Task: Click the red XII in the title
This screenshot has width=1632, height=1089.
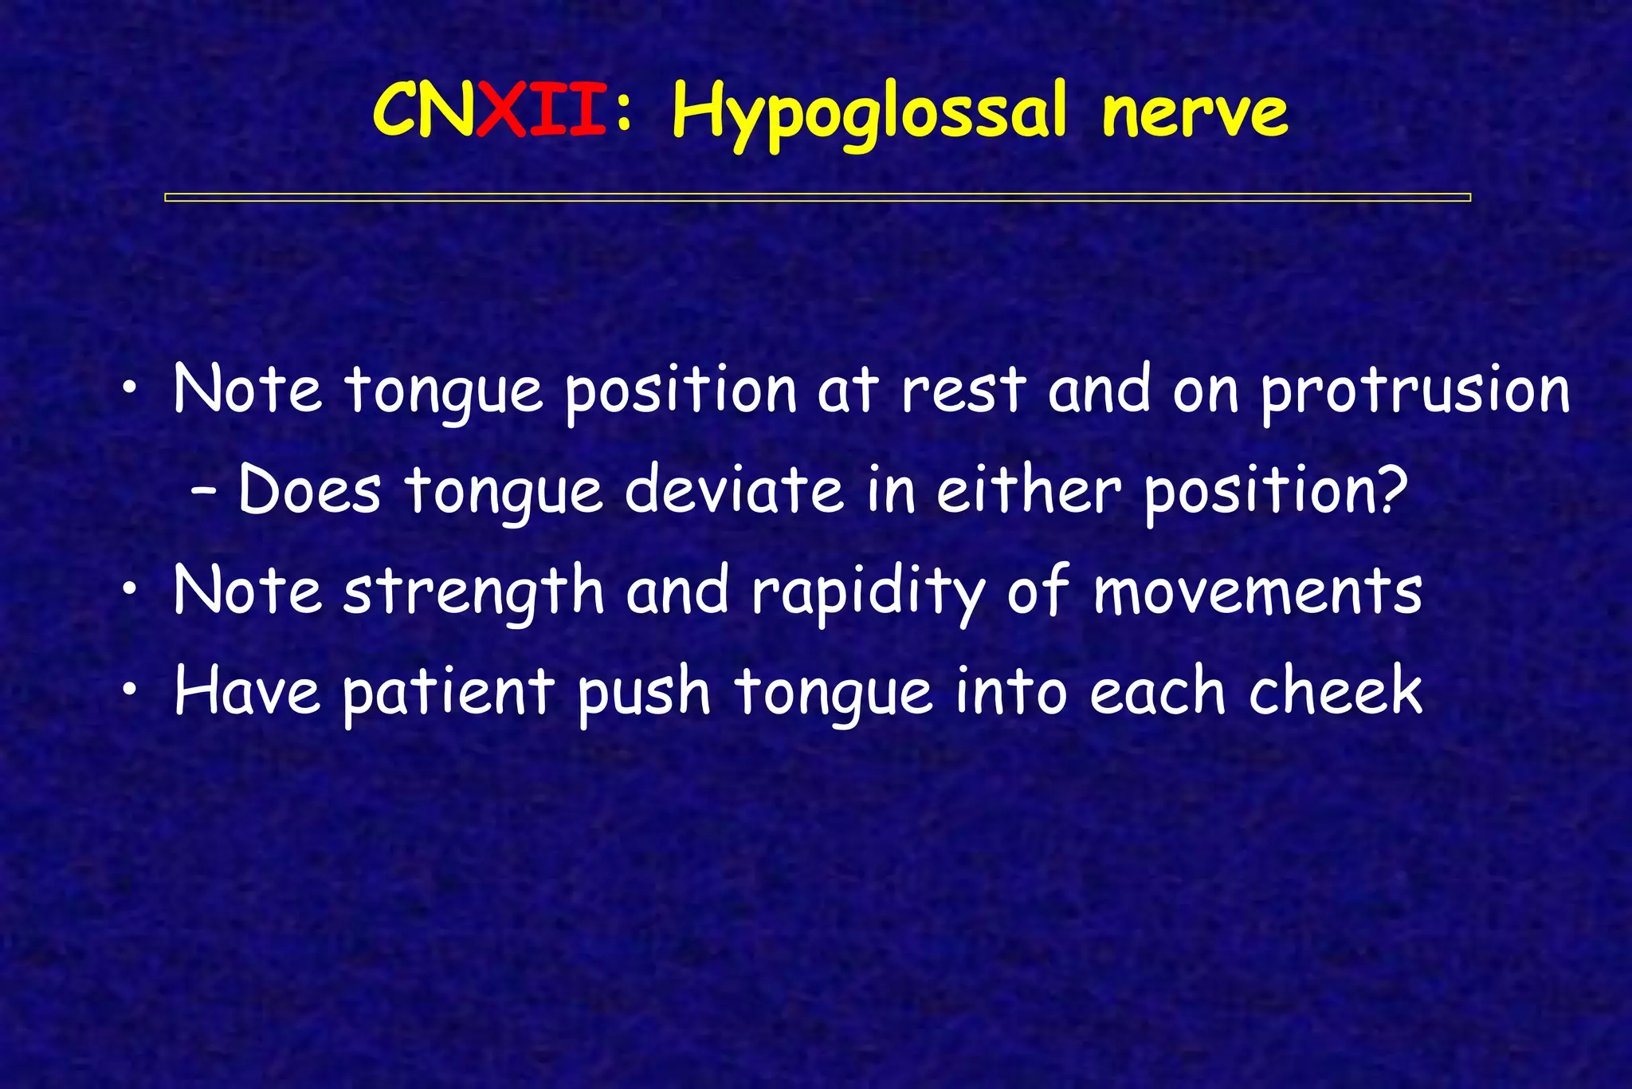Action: click(541, 112)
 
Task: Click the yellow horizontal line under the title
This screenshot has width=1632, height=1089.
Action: click(817, 197)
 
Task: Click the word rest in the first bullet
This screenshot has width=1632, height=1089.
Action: click(963, 391)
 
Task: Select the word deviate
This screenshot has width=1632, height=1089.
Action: click(733, 489)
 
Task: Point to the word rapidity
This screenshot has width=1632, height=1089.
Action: click(868, 593)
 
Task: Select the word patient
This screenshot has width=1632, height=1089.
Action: click(448, 692)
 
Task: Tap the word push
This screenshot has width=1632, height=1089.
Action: click(643, 692)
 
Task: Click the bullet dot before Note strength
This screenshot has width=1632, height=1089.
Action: click(130, 592)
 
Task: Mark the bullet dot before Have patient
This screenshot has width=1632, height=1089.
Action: click(130, 691)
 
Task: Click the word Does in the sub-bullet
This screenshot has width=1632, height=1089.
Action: click(309, 489)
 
